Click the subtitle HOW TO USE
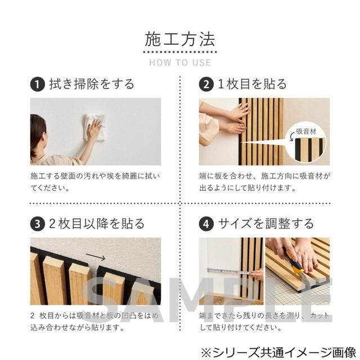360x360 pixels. [x=180, y=62]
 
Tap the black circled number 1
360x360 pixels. [x=37, y=85]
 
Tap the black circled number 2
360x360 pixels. [x=206, y=85]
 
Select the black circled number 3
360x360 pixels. [x=37, y=224]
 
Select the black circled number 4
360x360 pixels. [x=206, y=224]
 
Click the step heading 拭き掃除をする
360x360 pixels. [x=92, y=85]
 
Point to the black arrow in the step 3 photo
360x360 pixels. [x=96, y=258]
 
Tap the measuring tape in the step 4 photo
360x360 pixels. [x=228, y=271]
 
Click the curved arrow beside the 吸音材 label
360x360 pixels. [x=291, y=136]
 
